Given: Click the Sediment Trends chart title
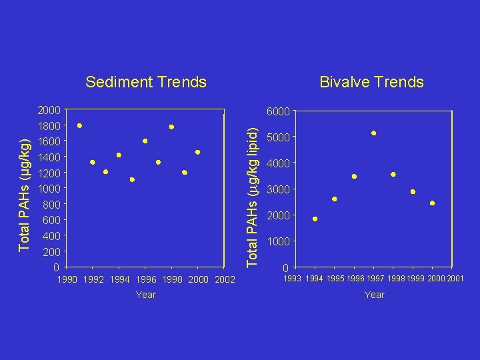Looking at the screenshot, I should [x=146, y=82].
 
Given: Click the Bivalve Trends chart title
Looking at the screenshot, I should [x=371, y=82].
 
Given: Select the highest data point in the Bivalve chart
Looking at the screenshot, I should [x=374, y=133].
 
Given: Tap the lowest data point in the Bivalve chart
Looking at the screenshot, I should [x=315, y=219].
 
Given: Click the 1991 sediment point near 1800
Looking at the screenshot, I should [x=80, y=125].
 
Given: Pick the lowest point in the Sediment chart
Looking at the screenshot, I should [x=132, y=179].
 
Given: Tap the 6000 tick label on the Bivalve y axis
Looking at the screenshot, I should [x=278, y=112].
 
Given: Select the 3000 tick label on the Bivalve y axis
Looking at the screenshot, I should [x=278, y=191].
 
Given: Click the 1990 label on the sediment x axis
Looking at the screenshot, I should [x=69, y=279].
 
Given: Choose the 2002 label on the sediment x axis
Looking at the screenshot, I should [x=224, y=279].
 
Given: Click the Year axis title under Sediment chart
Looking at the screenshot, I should [x=145, y=295].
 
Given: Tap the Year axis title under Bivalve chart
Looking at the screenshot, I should [x=374, y=295].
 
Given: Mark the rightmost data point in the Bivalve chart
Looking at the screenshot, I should [x=432, y=203].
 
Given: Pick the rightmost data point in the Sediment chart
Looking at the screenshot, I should [x=197, y=152].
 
